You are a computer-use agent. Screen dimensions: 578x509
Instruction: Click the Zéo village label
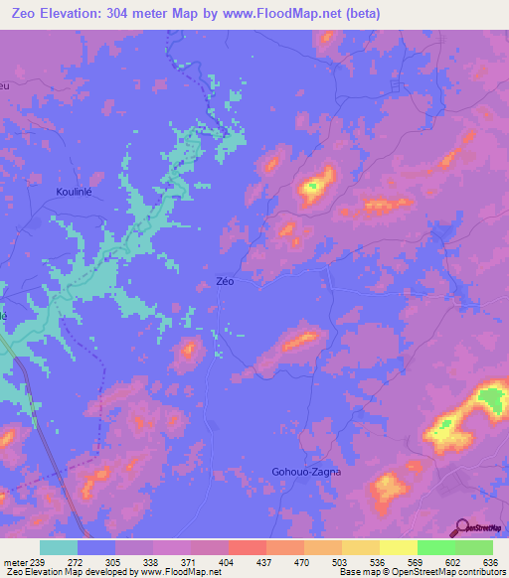225,281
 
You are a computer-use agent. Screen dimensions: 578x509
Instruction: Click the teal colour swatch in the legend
59,547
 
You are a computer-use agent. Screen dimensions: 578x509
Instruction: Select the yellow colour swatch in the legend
398,547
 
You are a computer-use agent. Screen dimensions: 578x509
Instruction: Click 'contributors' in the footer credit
480,571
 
